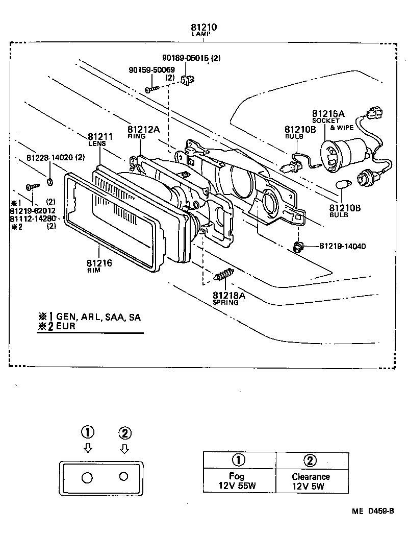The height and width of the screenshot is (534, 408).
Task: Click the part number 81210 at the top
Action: pos(204,27)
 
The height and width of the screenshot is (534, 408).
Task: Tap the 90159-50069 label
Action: pos(151,69)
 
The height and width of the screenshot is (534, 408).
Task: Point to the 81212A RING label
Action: pos(143,132)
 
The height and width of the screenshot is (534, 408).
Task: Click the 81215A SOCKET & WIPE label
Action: pos(328,118)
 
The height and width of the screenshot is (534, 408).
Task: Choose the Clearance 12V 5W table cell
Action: pos(311,480)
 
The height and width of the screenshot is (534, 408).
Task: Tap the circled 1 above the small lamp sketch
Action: pos(88,432)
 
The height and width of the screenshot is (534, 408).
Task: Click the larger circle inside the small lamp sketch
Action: pos(87,477)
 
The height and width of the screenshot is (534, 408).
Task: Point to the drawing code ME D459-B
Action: pos(372,511)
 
